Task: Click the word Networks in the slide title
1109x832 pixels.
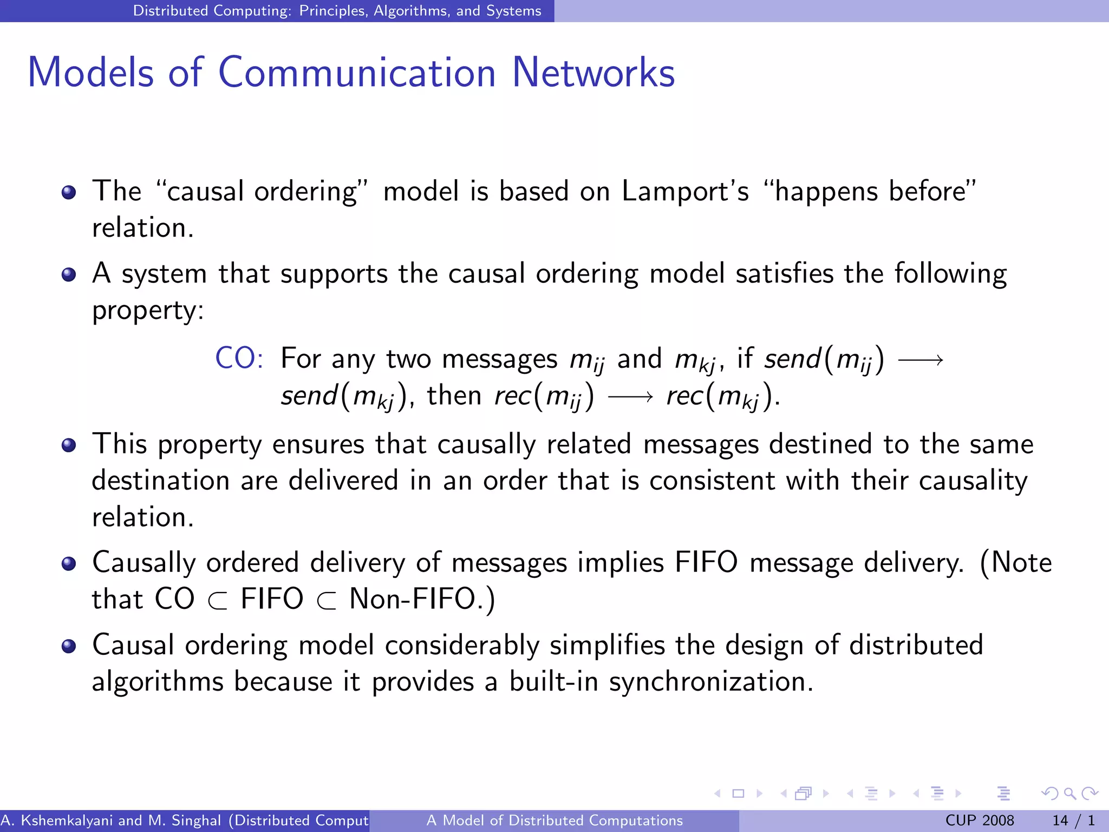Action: point(593,73)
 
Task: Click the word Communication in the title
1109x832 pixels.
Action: point(357,73)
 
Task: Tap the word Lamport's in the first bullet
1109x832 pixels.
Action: point(685,191)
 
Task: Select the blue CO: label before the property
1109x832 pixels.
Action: point(239,358)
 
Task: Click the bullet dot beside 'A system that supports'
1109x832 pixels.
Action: point(69,275)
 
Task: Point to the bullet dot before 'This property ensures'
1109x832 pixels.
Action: point(69,445)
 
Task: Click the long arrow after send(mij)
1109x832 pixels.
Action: point(921,360)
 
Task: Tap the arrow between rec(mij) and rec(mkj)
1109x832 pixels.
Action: point(630,397)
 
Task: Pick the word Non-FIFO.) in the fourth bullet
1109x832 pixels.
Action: point(422,599)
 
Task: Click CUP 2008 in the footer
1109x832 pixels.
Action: point(980,821)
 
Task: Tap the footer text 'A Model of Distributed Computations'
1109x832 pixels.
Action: point(554,821)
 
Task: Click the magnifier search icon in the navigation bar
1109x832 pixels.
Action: point(1069,794)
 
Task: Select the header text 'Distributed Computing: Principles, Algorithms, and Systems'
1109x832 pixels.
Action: point(337,11)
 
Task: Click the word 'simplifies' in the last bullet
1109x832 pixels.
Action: point(607,645)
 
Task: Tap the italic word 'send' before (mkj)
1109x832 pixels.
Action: point(309,395)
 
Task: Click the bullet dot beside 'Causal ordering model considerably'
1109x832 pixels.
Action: point(69,646)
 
